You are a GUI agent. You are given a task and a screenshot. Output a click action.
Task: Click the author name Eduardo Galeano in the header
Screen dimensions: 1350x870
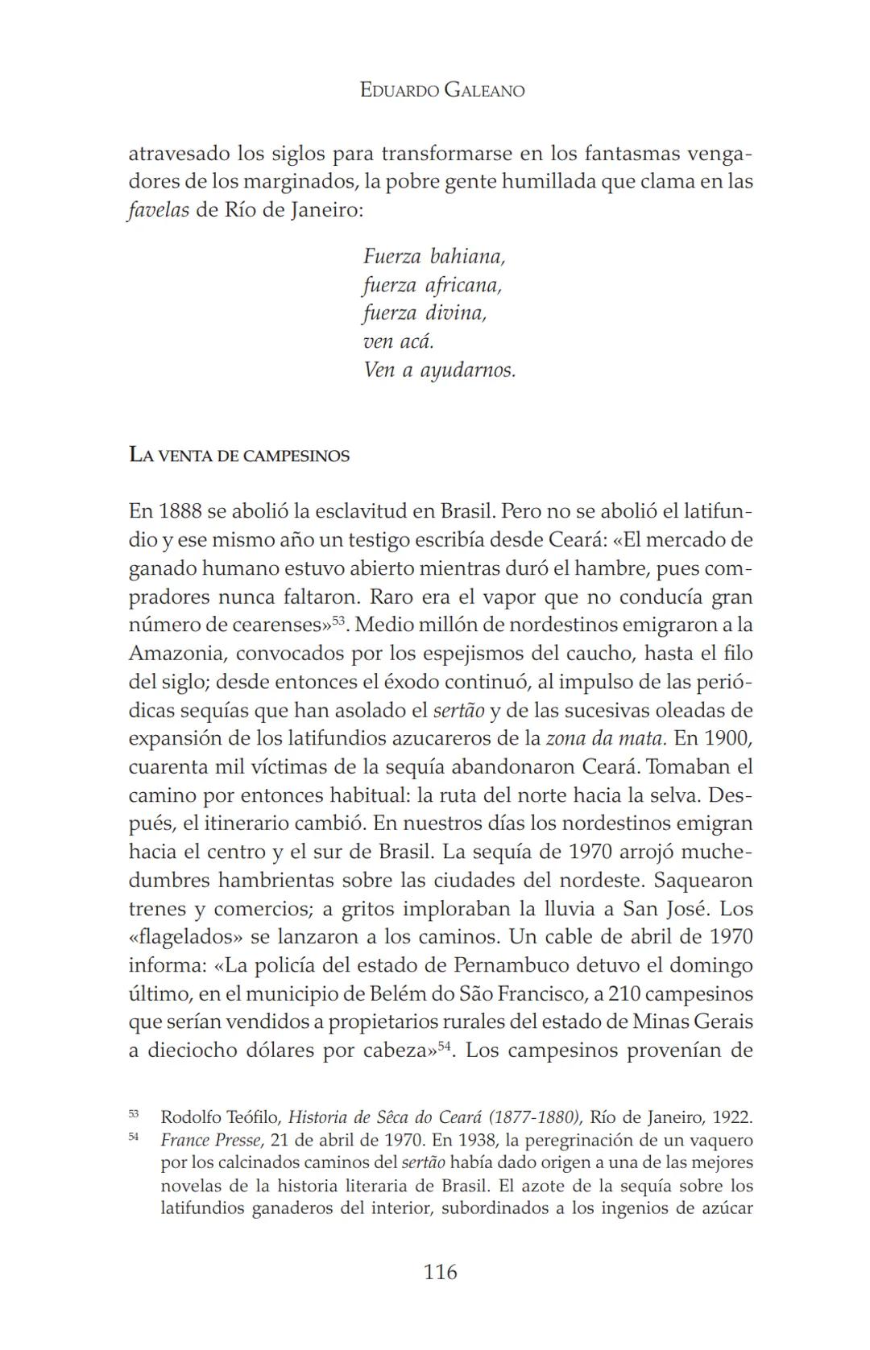pyautogui.click(x=441, y=90)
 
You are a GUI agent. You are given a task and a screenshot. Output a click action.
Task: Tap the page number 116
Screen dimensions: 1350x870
pyautogui.click(x=440, y=1272)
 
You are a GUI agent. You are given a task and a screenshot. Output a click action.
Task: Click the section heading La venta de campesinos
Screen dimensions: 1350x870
pyautogui.click(x=238, y=456)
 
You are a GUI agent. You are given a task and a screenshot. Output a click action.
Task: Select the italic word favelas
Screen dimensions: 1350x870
pyautogui.click(x=159, y=210)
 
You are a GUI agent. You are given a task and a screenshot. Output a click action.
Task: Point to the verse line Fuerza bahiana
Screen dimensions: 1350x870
pyautogui.click(x=433, y=257)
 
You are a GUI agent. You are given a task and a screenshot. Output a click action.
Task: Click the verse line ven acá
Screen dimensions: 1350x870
pyautogui.click(x=398, y=341)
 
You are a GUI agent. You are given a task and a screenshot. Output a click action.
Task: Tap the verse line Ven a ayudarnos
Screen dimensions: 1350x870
pyautogui.click(x=439, y=370)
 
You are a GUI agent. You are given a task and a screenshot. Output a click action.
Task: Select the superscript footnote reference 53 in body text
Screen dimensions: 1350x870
pyautogui.click(x=338, y=620)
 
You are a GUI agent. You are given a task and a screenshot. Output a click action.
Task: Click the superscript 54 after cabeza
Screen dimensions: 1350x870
pyautogui.click(x=443, y=1045)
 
